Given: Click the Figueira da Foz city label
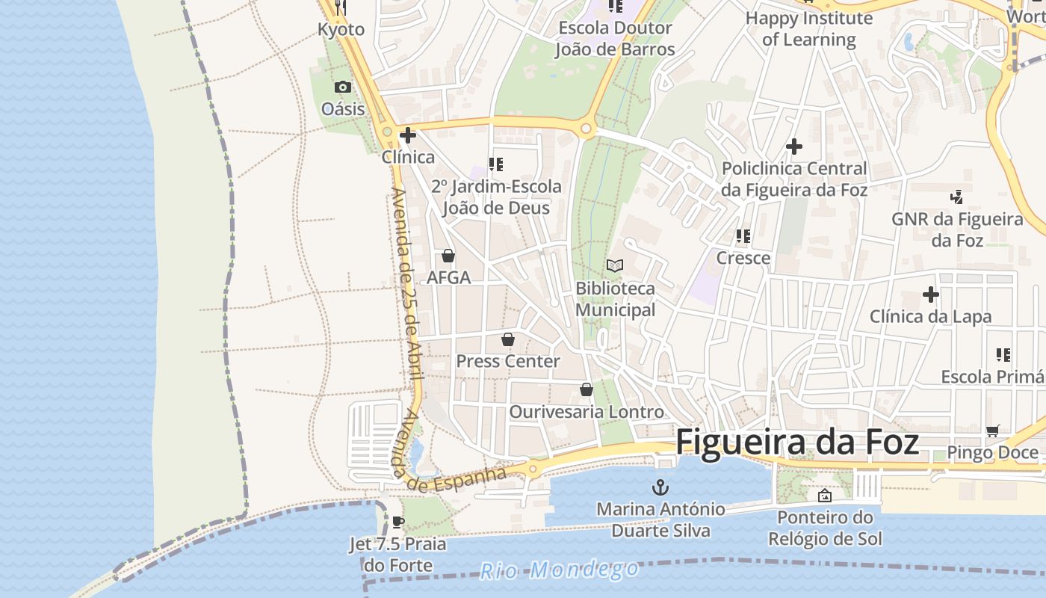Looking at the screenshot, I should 796,442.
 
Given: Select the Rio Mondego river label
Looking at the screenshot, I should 559,570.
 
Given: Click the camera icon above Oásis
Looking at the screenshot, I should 343,87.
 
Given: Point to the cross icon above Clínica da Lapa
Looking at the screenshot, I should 930,295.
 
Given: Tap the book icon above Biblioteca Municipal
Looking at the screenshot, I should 615,266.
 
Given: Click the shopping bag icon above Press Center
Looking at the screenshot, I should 508,340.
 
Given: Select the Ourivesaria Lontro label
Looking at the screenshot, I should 587,412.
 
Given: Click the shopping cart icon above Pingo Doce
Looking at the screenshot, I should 992,431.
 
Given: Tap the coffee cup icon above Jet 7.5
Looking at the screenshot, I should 398,522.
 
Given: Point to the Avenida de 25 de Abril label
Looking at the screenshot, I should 406,284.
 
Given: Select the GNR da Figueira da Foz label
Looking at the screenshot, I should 957,229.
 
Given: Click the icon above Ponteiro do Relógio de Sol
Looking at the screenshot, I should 825,496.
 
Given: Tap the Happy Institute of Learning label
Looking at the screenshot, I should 808,28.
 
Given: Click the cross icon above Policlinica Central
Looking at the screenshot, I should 794,147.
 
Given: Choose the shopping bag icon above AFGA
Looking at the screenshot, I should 448,256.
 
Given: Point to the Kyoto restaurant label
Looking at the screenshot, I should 341,30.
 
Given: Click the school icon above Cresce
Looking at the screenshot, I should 743,236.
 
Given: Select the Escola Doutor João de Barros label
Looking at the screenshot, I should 615,39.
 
